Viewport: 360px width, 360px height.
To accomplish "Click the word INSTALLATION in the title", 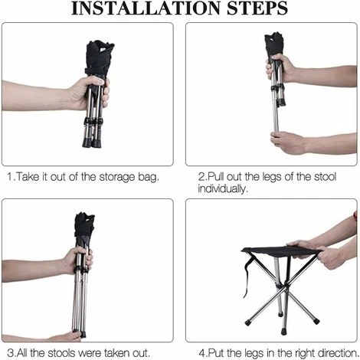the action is point(146,8).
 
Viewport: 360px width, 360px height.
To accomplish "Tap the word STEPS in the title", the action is point(257,8).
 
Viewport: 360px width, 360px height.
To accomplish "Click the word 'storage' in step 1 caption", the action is point(117,177).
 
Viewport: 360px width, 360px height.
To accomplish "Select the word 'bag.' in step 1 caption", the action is point(149,177).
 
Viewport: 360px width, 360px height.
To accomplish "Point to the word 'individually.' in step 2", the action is point(223,189).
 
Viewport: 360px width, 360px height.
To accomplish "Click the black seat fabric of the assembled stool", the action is point(281,252).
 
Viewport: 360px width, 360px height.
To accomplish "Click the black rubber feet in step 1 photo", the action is point(92,142).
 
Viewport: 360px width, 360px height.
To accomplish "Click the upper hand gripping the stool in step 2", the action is point(280,68).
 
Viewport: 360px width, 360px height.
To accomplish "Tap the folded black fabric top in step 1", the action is point(99,58).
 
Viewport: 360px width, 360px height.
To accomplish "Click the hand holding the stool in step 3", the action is point(76,261).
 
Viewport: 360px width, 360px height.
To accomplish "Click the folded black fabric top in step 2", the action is point(273,44).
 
